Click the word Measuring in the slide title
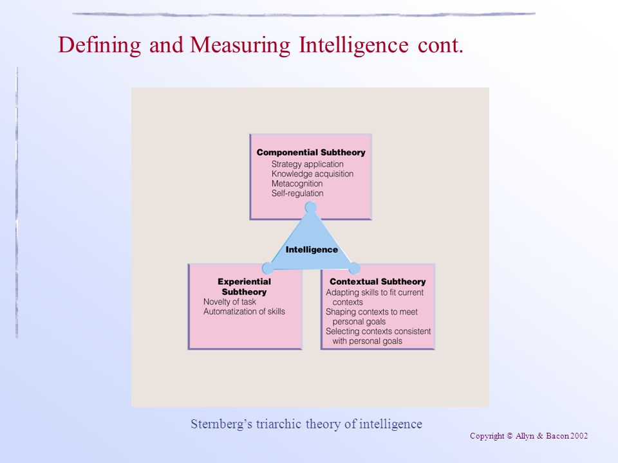(240, 45)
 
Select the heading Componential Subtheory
(311, 152)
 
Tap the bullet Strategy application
(308, 164)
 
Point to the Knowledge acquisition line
(312, 174)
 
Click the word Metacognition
(297, 183)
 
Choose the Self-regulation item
(297, 194)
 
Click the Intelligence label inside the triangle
(312, 250)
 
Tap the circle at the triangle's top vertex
(310, 207)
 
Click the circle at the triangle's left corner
(268, 268)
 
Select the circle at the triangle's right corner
(354, 268)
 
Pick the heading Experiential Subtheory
(245, 287)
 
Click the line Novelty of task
(229, 302)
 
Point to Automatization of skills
(244, 311)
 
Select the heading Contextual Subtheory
(378, 282)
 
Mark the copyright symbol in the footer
(510, 436)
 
